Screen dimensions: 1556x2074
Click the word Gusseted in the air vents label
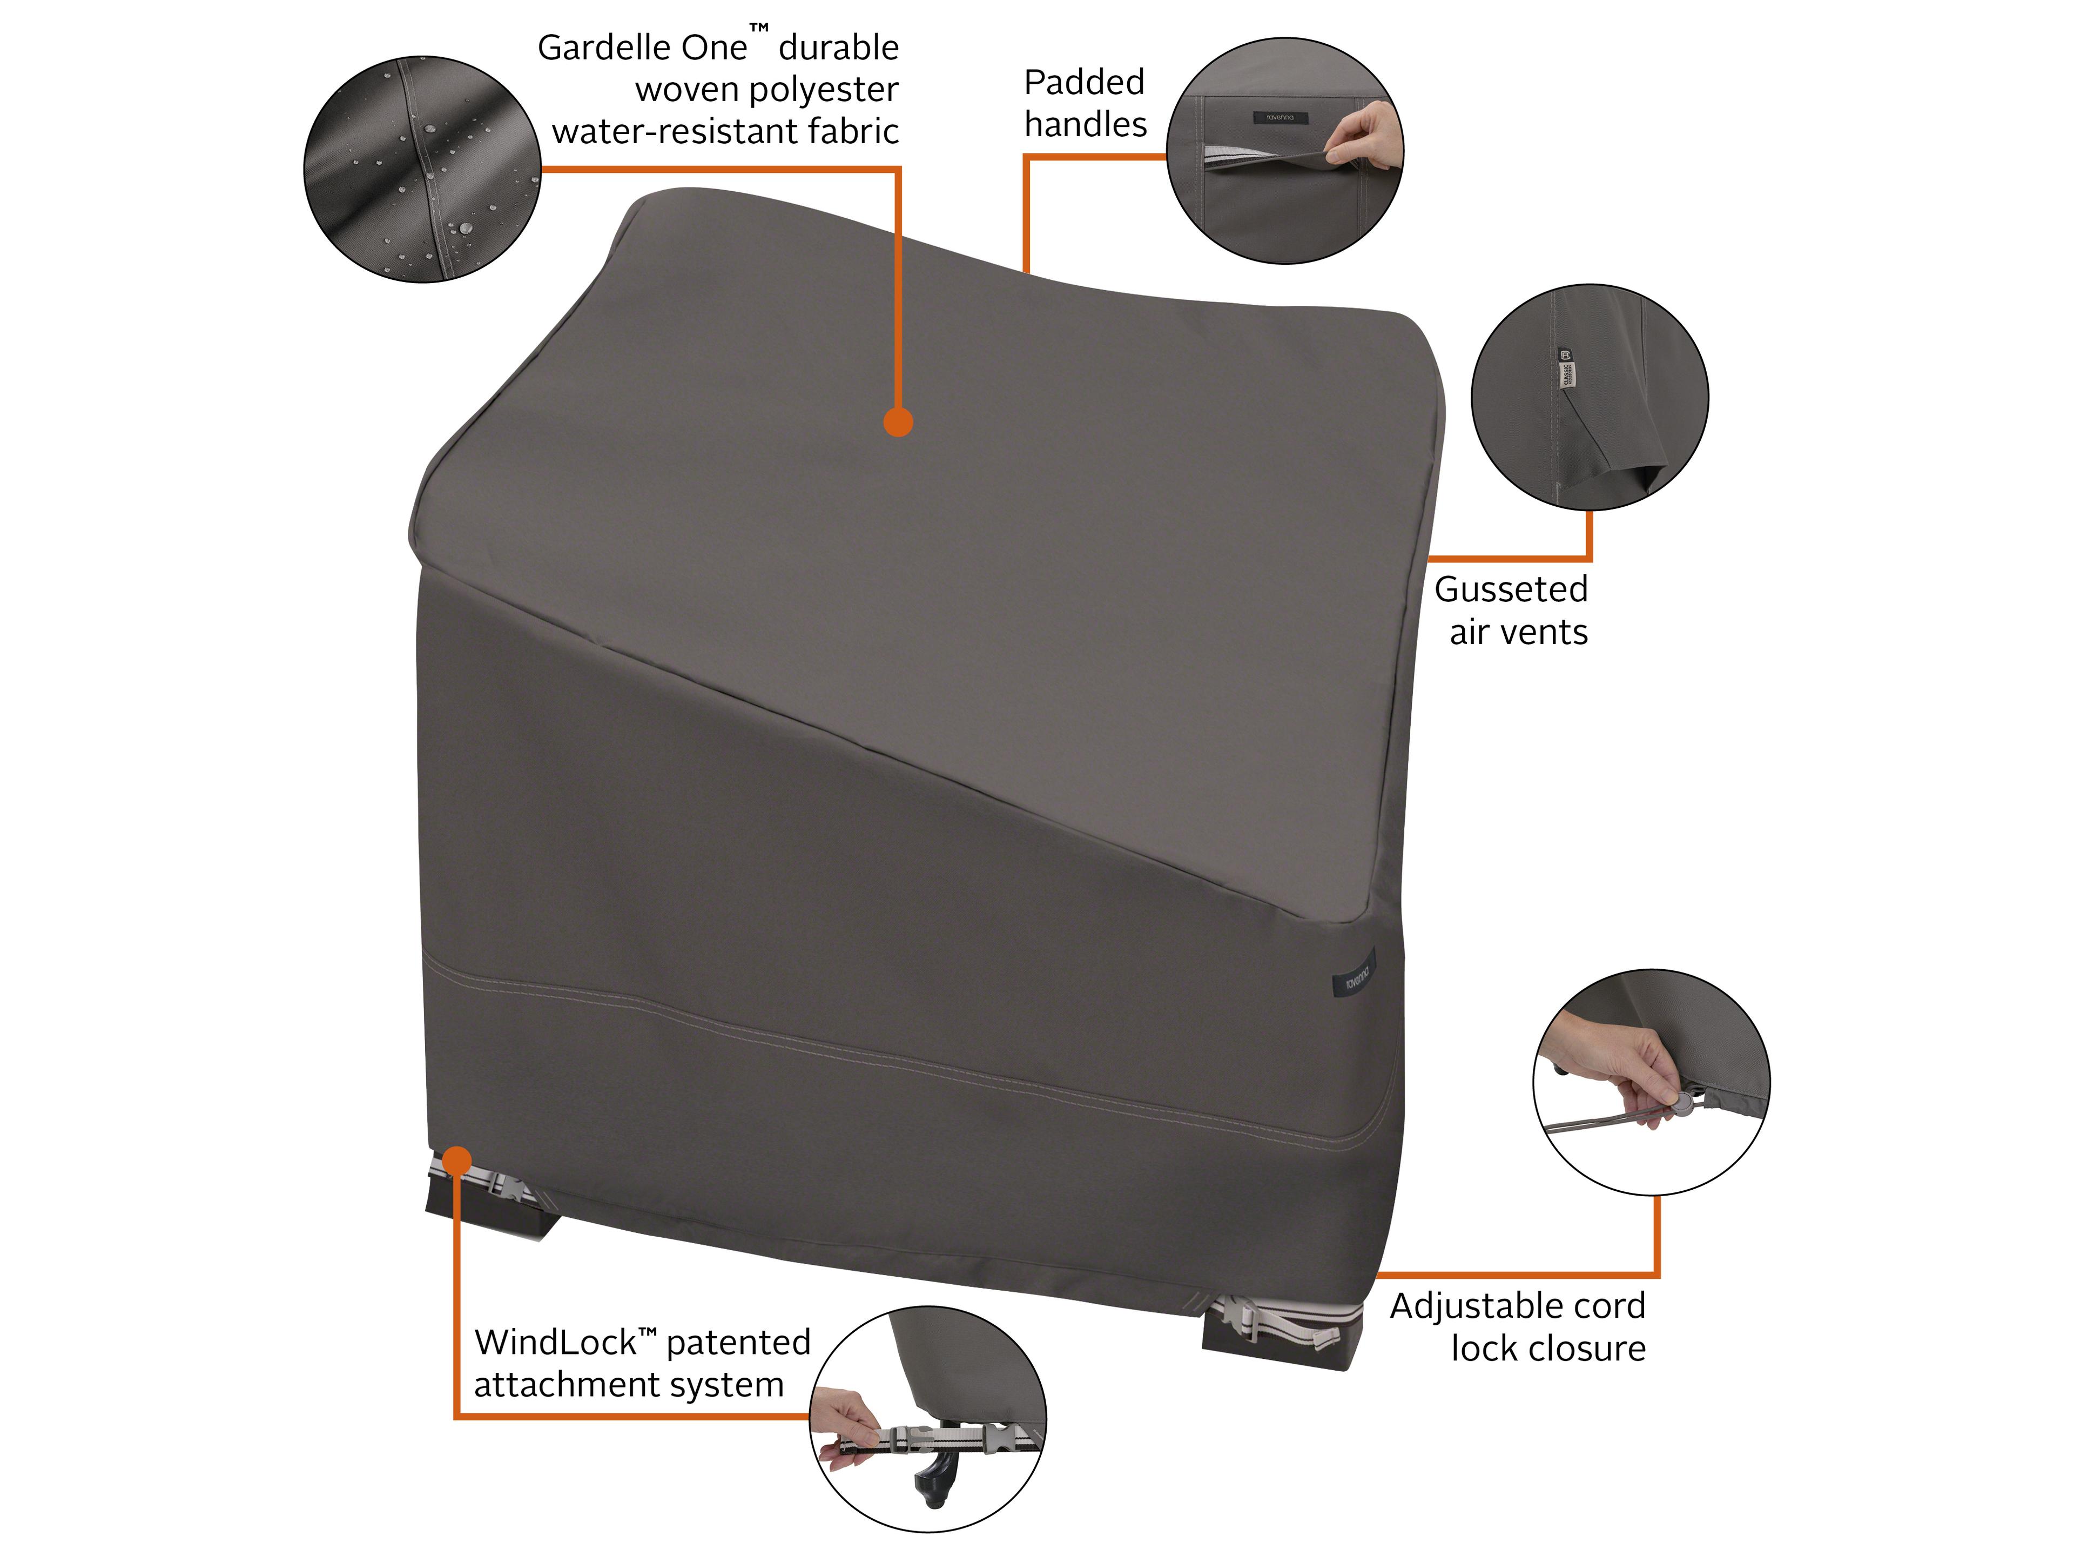coord(1511,590)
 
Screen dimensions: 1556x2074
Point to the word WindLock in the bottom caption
coord(555,1342)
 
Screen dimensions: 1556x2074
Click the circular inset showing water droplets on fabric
coord(422,169)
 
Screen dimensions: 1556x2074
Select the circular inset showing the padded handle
coord(1284,151)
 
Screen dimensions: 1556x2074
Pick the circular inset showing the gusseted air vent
coord(1589,397)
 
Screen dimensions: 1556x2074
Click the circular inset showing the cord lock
coord(1651,1082)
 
